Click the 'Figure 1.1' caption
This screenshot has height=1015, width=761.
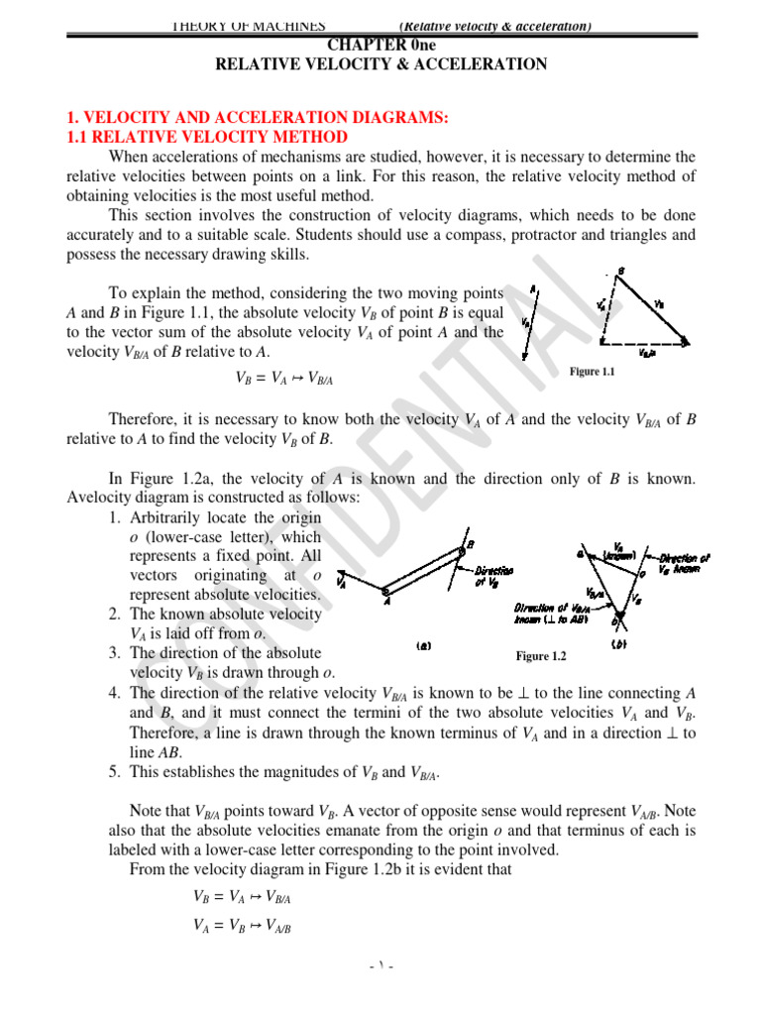tap(593, 372)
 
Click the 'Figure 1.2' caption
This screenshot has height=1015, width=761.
tap(540, 656)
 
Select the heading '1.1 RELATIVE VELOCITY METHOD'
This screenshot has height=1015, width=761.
tap(206, 137)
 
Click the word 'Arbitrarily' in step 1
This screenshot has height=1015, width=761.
tap(168, 518)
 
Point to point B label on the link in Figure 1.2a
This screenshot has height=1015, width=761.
tap(470, 544)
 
